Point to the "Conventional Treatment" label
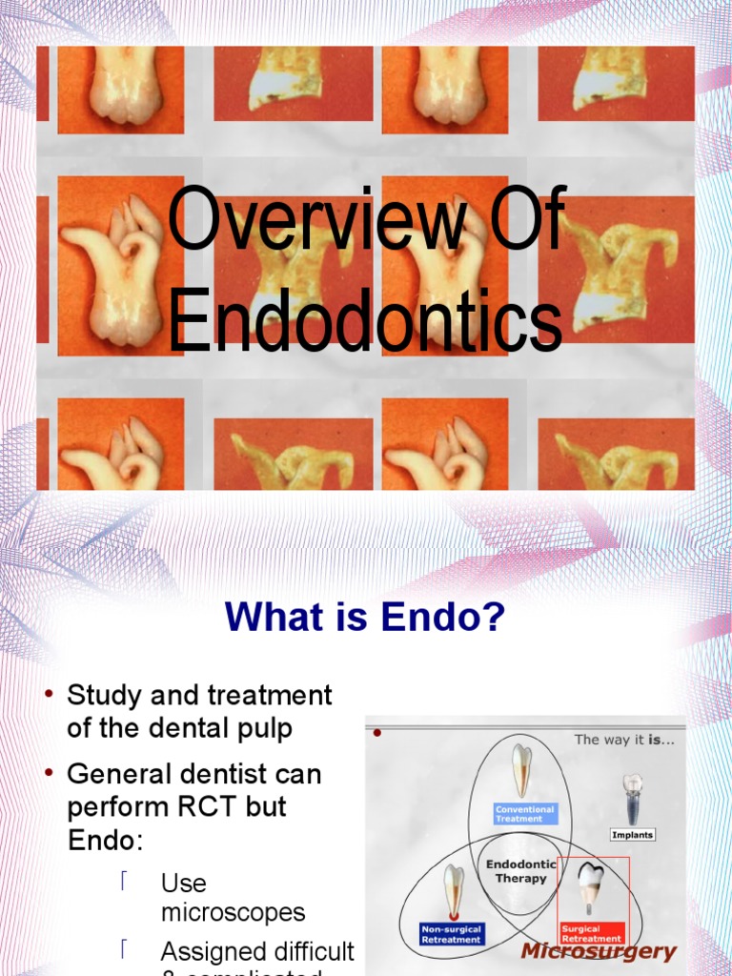click(x=524, y=814)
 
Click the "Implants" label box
click(x=633, y=835)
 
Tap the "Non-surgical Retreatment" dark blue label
click(x=452, y=933)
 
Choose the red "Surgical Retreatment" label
click(x=592, y=933)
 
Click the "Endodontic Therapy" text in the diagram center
click(x=521, y=871)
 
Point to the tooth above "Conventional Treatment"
click(x=521, y=769)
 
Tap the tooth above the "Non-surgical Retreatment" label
click(x=455, y=890)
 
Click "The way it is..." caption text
click(x=624, y=739)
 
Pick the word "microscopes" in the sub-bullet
click(x=233, y=912)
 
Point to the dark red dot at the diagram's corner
click(x=377, y=733)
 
